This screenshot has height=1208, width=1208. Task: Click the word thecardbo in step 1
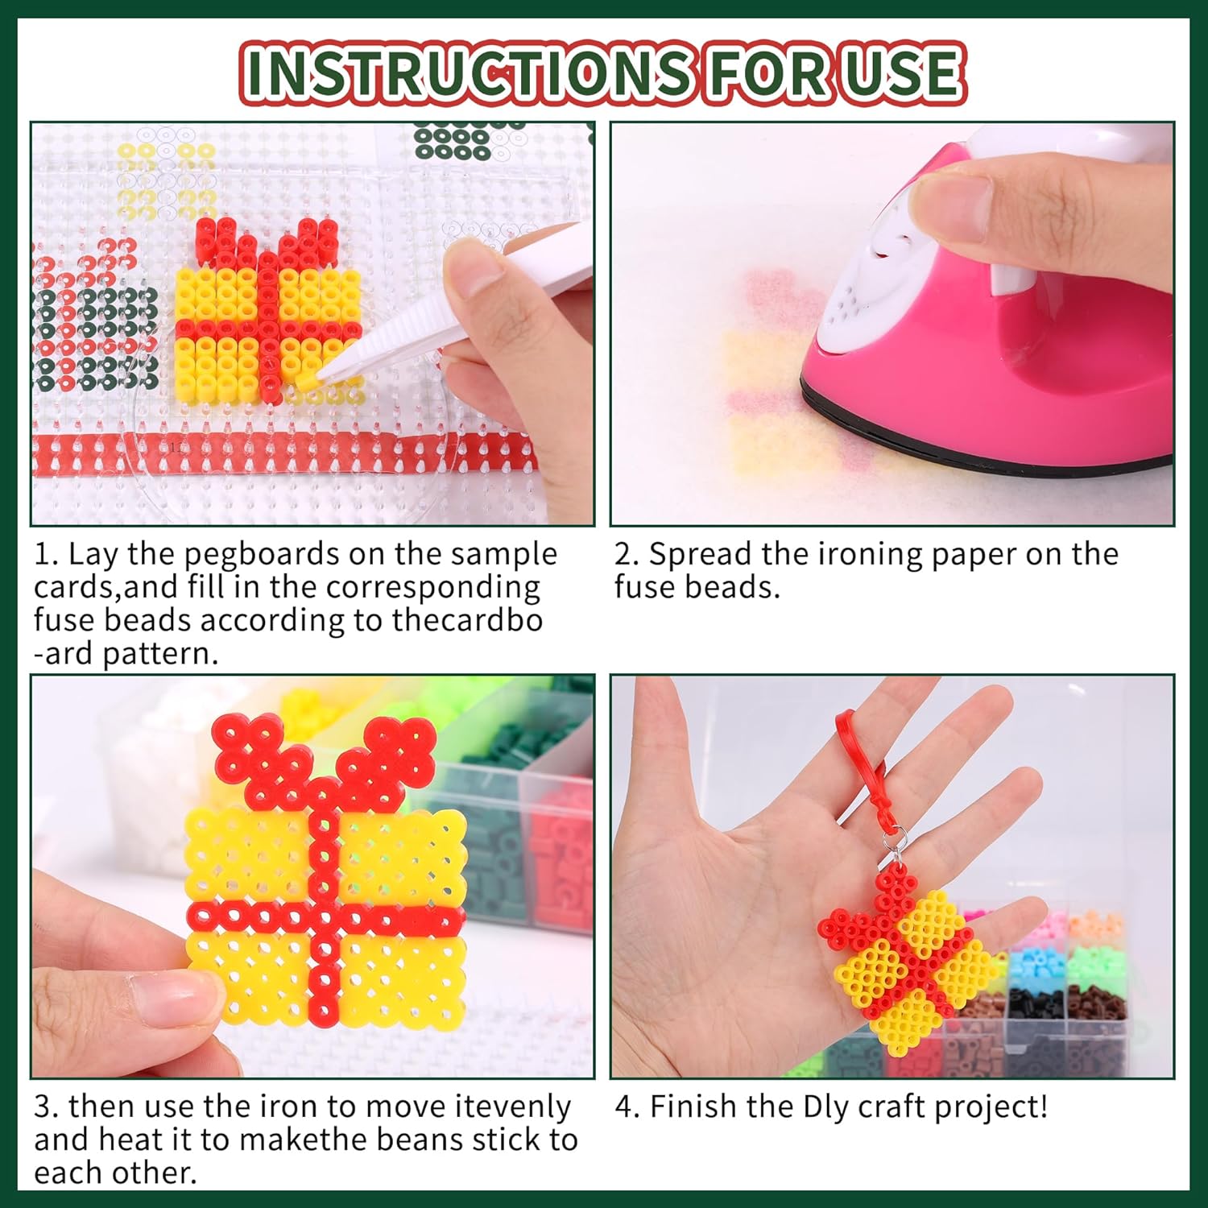[x=467, y=621]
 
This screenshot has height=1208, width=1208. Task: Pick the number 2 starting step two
[x=624, y=556]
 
